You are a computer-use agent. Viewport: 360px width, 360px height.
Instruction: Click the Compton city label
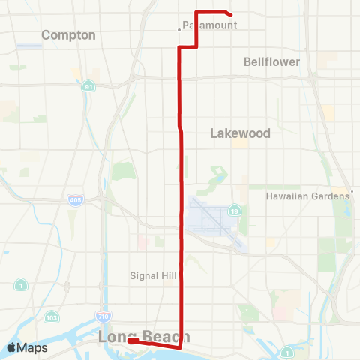(68, 35)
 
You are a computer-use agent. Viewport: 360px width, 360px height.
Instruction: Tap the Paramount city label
(210, 25)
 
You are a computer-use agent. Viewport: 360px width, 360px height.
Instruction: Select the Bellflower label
(271, 61)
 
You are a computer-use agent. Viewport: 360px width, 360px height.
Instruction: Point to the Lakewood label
(240, 133)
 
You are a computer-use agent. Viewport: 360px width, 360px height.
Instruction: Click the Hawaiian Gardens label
(307, 196)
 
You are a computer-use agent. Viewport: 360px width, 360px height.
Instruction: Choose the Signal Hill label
(153, 275)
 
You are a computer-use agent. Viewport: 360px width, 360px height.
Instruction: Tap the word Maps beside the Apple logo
(33, 347)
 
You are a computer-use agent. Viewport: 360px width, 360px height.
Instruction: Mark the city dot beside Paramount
(178, 30)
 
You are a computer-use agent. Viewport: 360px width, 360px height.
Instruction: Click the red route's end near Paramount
(230, 14)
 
